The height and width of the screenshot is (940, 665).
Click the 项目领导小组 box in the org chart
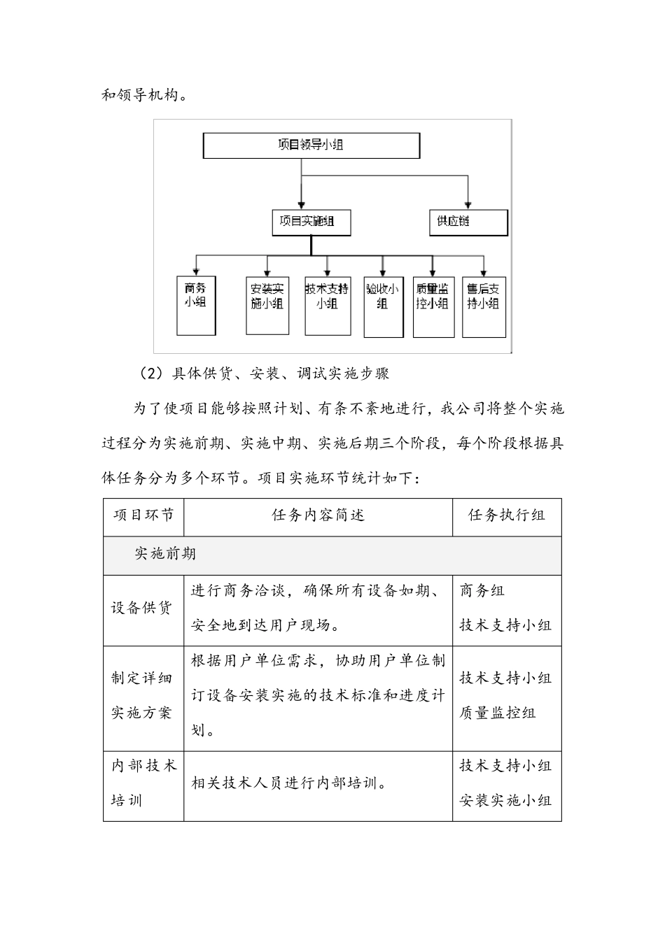311,145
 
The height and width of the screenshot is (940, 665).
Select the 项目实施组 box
311,222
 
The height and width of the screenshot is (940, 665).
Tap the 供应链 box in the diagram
468,222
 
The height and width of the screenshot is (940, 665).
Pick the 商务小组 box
195,305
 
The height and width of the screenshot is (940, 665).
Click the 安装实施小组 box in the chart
267,306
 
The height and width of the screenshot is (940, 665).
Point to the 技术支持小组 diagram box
326,306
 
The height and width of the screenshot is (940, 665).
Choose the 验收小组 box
383,306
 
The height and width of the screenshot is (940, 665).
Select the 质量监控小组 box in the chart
433,306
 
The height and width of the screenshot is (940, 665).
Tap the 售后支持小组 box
483,306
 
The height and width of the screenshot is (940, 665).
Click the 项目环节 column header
143,516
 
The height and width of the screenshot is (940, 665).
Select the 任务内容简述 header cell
318,516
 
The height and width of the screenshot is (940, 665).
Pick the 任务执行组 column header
507,516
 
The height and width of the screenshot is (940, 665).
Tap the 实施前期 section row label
165,555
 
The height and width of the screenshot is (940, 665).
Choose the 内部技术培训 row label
143,783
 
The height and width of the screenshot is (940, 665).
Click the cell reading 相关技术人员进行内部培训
289,784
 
